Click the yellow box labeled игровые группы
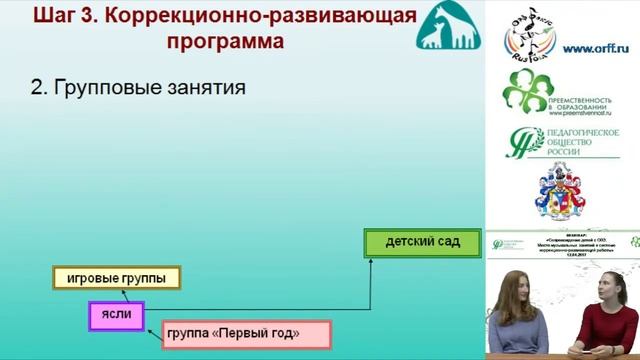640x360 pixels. pyautogui.click(x=116, y=278)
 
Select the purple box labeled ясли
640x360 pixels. pyautogui.click(x=117, y=313)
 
